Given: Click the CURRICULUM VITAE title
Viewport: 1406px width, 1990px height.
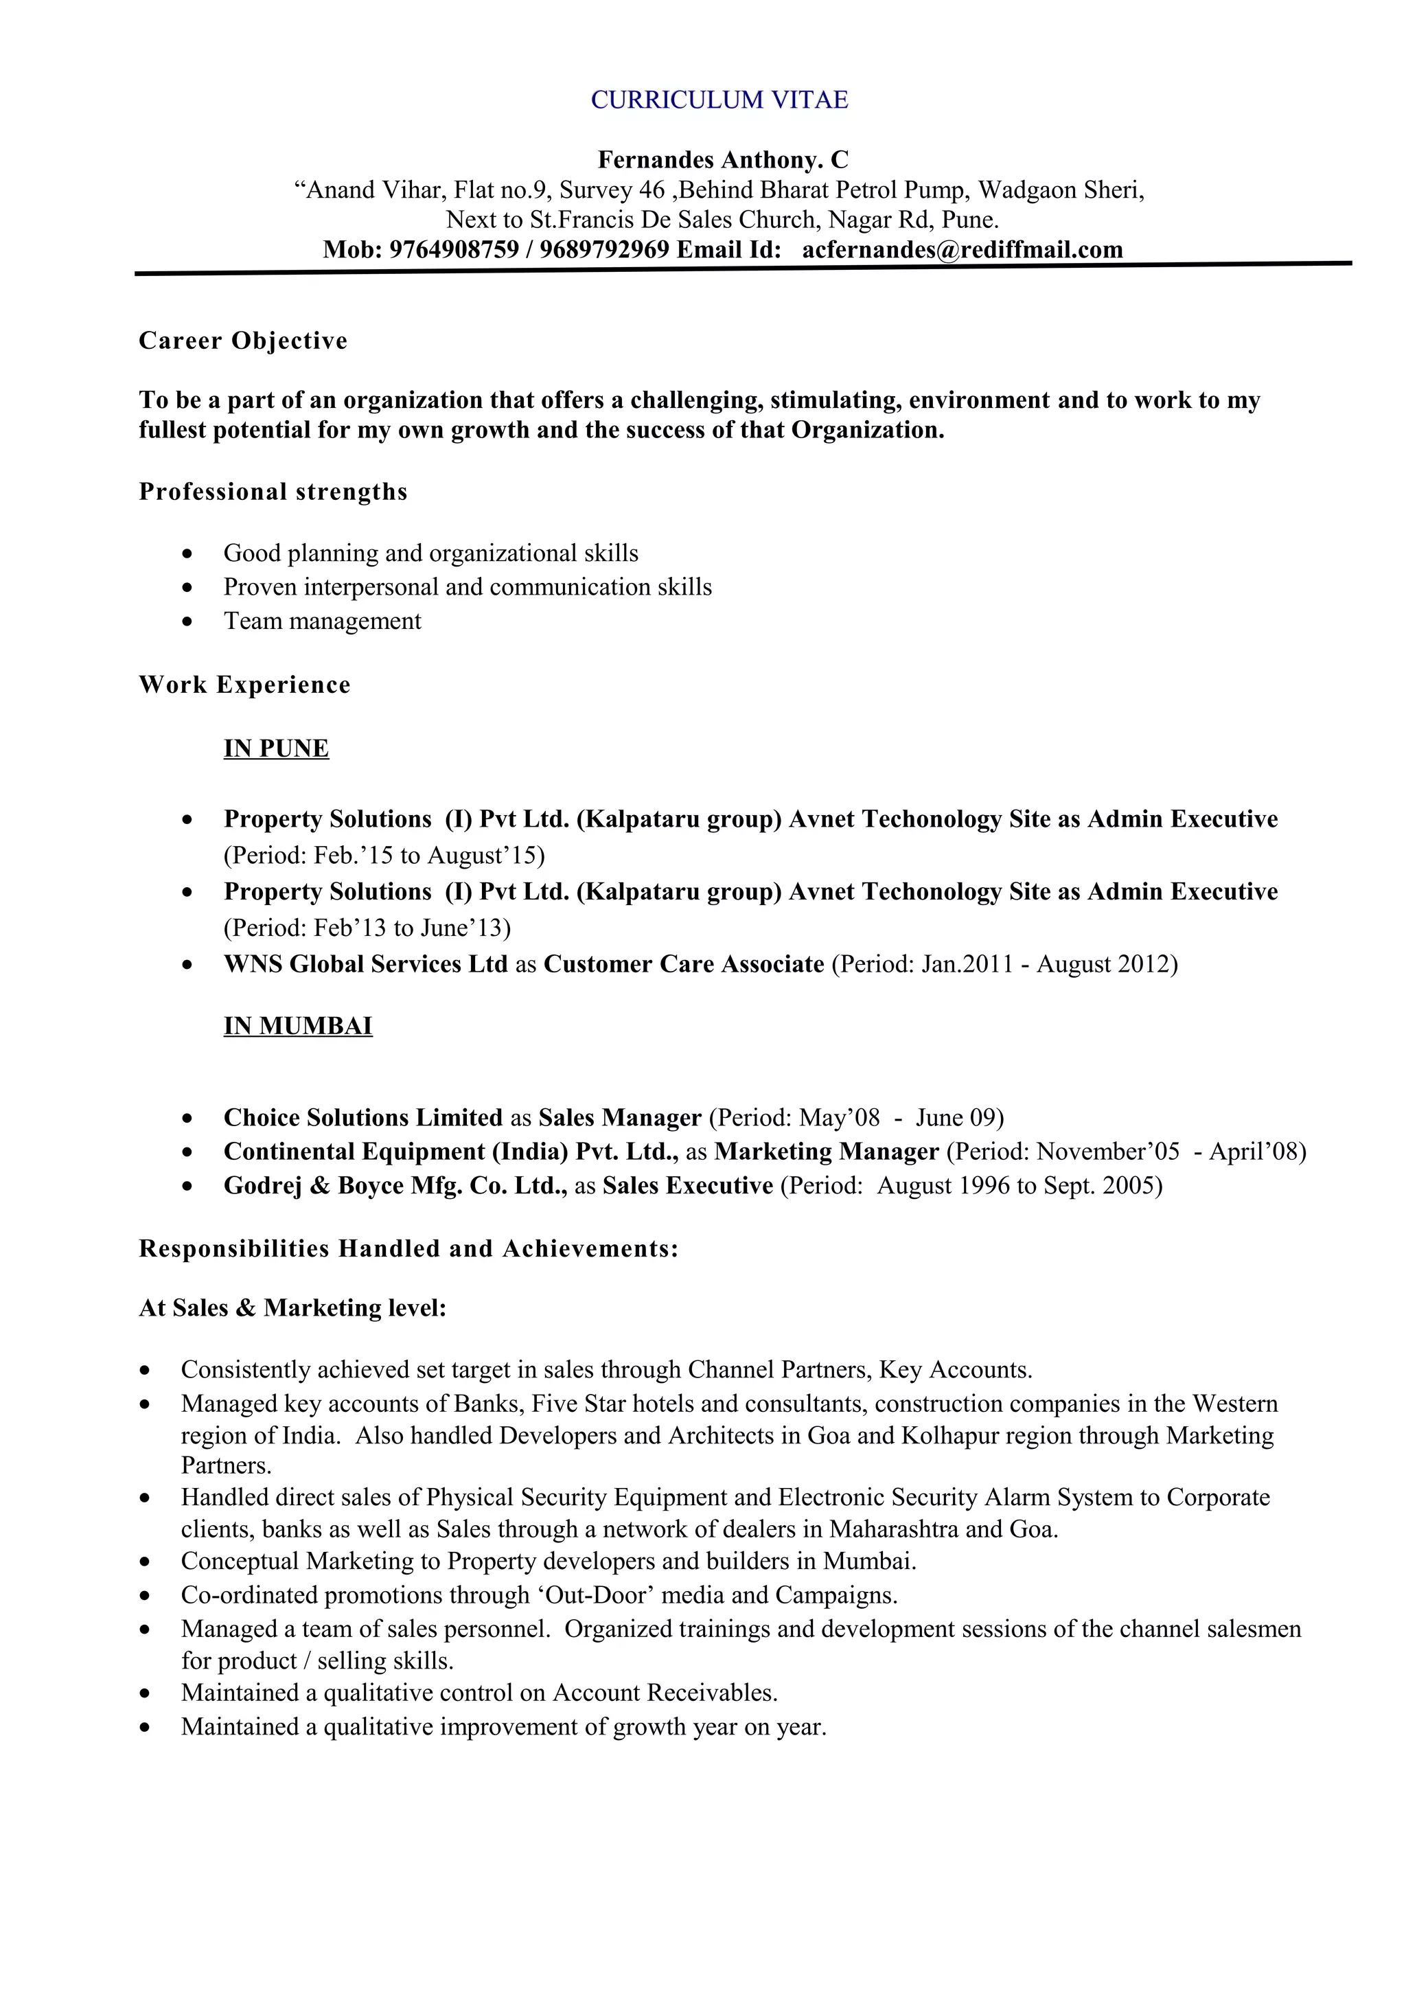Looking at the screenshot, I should click(x=719, y=100).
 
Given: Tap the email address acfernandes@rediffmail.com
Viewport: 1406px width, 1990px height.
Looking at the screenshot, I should click(x=962, y=250).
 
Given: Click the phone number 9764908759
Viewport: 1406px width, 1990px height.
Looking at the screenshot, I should click(x=453, y=250).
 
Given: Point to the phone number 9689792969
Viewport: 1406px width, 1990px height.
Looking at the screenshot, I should click(x=604, y=250).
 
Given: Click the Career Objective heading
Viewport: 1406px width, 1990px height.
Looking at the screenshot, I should click(x=242, y=341).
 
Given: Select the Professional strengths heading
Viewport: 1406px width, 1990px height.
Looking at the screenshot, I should click(x=273, y=492).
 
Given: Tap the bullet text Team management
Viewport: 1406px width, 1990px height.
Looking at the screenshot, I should click(x=322, y=621).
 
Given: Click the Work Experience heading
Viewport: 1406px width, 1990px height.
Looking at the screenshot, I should click(x=244, y=685).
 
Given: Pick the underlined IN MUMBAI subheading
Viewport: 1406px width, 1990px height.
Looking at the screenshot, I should click(x=297, y=1025).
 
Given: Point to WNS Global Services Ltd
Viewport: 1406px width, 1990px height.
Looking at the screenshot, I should click(x=365, y=964).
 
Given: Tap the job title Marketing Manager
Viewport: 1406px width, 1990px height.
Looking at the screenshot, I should click(x=826, y=1151).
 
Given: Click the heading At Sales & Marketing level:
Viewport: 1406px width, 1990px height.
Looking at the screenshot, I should click(x=292, y=1308).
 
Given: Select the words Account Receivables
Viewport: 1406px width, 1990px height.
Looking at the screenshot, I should click(x=665, y=1693).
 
